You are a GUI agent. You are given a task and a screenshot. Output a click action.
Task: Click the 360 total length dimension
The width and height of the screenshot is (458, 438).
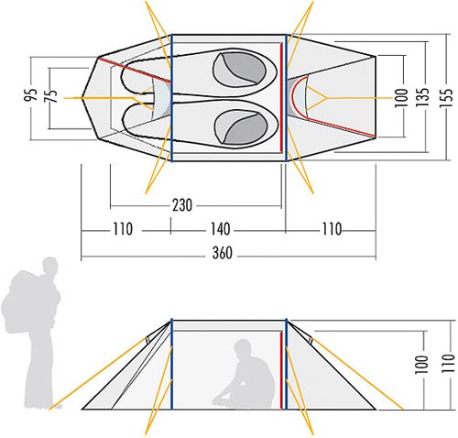[223, 253]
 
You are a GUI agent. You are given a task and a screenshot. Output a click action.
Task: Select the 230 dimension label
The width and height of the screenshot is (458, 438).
[182, 205]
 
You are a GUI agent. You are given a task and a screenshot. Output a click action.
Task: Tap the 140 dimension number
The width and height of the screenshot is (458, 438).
[220, 229]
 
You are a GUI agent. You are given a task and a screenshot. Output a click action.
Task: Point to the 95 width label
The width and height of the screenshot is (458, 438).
[31, 94]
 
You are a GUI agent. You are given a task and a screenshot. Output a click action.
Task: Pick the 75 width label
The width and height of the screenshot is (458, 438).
[51, 95]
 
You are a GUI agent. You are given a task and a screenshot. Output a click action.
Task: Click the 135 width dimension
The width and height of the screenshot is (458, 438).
[422, 97]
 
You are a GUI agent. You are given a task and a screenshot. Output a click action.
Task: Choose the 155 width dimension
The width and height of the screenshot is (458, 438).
[445, 97]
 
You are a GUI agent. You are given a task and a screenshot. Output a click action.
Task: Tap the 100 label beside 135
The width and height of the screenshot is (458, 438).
[401, 97]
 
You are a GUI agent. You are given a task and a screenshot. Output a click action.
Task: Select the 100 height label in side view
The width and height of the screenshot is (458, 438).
[421, 365]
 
